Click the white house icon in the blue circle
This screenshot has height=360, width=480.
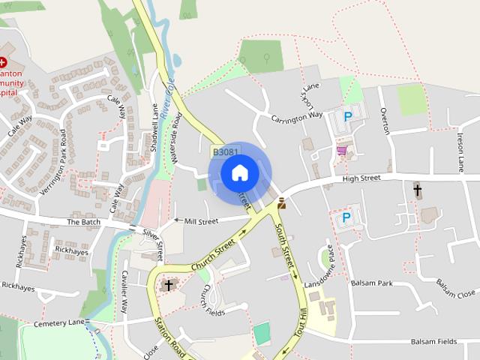point(239,173)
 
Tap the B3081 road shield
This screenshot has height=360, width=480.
point(225,151)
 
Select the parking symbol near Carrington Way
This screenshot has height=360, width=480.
point(347,116)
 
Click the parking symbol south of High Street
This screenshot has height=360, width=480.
point(346,217)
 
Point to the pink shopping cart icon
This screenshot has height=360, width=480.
point(342,151)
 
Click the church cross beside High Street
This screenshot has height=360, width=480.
point(418,190)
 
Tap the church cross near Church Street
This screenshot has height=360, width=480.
point(169,285)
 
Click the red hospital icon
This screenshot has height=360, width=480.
point(3,63)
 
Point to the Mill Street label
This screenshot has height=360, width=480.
point(200,220)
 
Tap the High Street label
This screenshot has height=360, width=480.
point(362,178)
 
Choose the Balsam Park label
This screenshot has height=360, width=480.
point(374,283)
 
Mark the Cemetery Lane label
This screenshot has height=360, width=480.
point(60,323)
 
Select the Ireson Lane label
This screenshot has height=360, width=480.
point(460,149)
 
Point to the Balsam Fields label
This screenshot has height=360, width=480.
point(433,341)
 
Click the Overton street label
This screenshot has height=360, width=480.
point(385,120)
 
